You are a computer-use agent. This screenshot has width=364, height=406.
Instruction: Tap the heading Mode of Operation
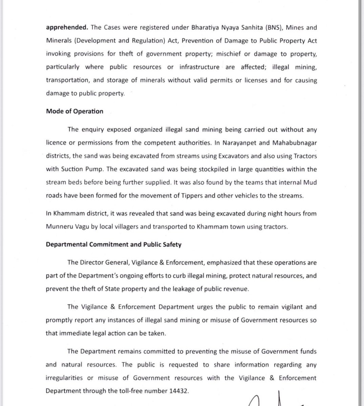(74, 111)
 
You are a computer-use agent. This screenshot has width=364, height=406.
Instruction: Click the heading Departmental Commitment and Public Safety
(113, 244)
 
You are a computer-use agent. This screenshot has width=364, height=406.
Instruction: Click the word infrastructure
(199, 67)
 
